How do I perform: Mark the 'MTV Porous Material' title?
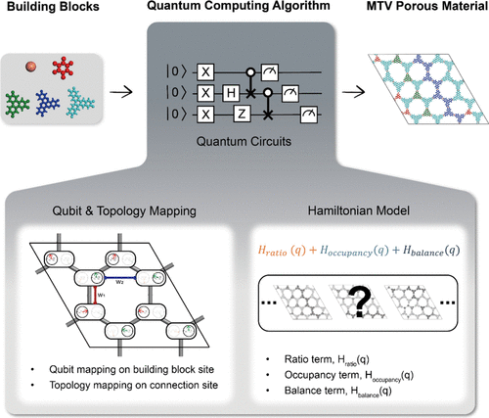pyautogui.click(x=417, y=14)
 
